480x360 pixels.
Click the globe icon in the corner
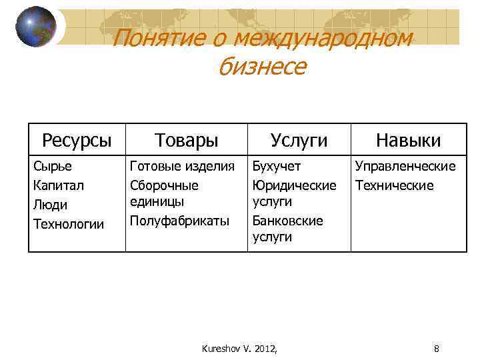pyautogui.click(x=36, y=27)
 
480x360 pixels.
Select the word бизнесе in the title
pyautogui.click(x=262, y=66)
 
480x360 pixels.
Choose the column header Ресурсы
pyautogui.click(x=77, y=140)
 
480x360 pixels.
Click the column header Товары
pyautogui.click(x=187, y=140)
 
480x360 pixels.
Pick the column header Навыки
pyautogui.click(x=408, y=140)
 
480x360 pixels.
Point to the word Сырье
pyautogui.click(x=53, y=166)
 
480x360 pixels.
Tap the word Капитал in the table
pyautogui.click(x=59, y=185)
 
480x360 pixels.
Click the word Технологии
pyautogui.click(x=69, y=224)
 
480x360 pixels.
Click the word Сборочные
pyautogui.click(x=164, y=185)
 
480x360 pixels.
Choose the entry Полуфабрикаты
pyautogui.click(x=179, y=220)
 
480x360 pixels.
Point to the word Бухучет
pyautogui.click(x=277, y=166)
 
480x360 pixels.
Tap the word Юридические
pyautogui.click(x=294, y=185)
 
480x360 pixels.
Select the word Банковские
pyautogui.click(x=287, y=220)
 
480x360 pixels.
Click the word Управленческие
pyautogui.click(x=405, y=166)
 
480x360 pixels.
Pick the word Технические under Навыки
pyautogui.click(x=394, y=185)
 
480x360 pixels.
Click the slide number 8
pyautogui.click(x=436, y=348)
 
